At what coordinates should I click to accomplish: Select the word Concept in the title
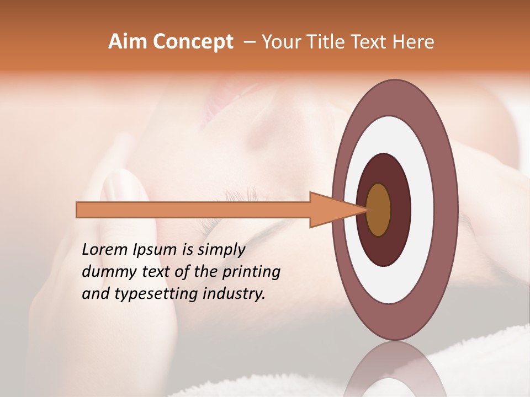coord(192,42)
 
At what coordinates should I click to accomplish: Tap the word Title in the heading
coord(328,42)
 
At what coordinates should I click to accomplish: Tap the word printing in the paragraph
coord(251,272)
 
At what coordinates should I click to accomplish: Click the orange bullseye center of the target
coord(379,210)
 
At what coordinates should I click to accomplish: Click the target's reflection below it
coord(395,369)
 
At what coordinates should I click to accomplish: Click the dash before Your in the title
coord(250,42)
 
